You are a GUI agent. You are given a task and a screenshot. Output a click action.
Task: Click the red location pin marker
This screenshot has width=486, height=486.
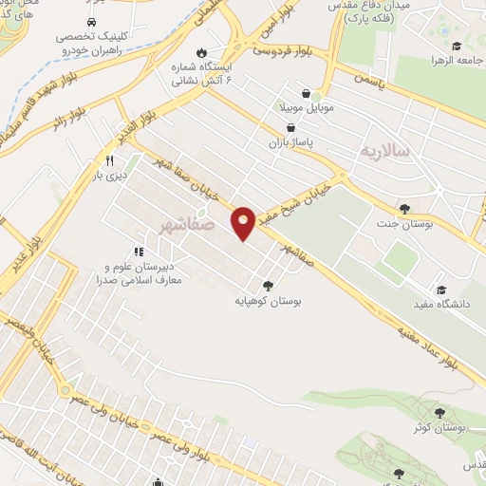(x=244, y=223)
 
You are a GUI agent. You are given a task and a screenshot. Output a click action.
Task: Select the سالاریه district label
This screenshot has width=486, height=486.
(x=385, y=151)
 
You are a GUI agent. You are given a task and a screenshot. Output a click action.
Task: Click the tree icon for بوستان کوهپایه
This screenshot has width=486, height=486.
(x=269, y=284)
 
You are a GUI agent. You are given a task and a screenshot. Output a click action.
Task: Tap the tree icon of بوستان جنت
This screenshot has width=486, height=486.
(x=406, y=209)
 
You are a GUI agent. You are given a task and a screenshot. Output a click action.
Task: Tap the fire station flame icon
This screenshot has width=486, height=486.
(x=199, y=52)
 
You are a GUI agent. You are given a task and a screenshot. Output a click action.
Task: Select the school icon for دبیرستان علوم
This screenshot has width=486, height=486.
(x=139, y=252)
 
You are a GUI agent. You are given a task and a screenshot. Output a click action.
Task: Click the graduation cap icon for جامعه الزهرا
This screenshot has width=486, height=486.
(x=456, y=46)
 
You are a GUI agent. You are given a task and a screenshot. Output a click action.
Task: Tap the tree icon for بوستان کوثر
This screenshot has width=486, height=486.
(x=439, y=412)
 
